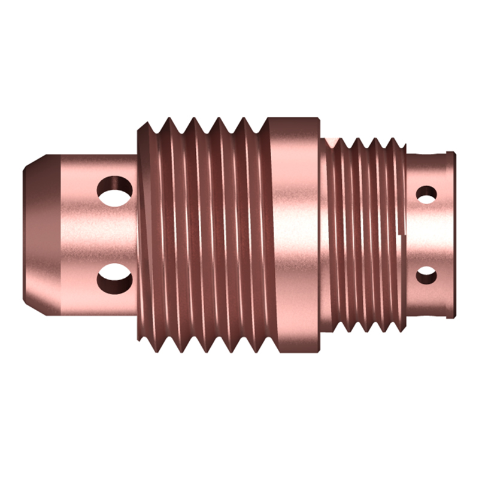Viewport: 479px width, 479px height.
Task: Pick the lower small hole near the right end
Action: (x=426, y=274)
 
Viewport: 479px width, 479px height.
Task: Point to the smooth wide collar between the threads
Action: (x=293, y=234)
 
